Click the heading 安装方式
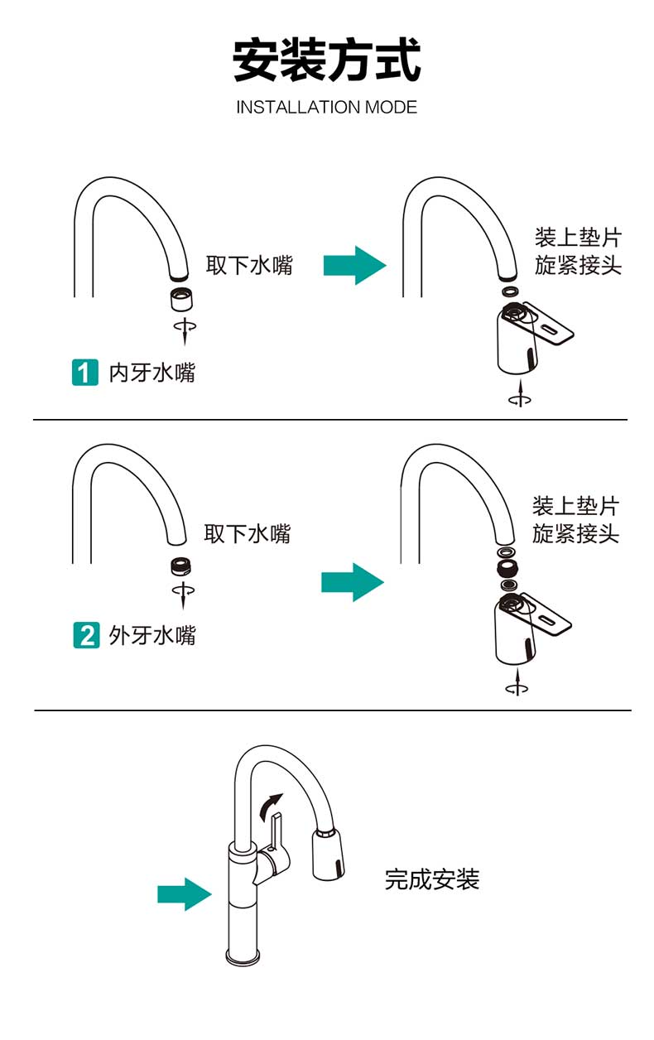tap(326, 60)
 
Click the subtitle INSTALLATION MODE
tap(326, 108)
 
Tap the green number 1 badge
tap(84, 373)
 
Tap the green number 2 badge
tap(85, 636)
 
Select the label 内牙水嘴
tap(152, 373)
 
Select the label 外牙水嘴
tap(152, 636)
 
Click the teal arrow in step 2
tap(352, 582)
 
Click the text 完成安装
tap(431, 879)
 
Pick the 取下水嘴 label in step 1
tap(249, 266)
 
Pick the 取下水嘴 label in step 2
tap(248, 533)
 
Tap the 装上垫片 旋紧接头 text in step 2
tap(575, 519)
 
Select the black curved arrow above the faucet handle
tap(272, 804)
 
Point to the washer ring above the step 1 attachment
tap(511, 291)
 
